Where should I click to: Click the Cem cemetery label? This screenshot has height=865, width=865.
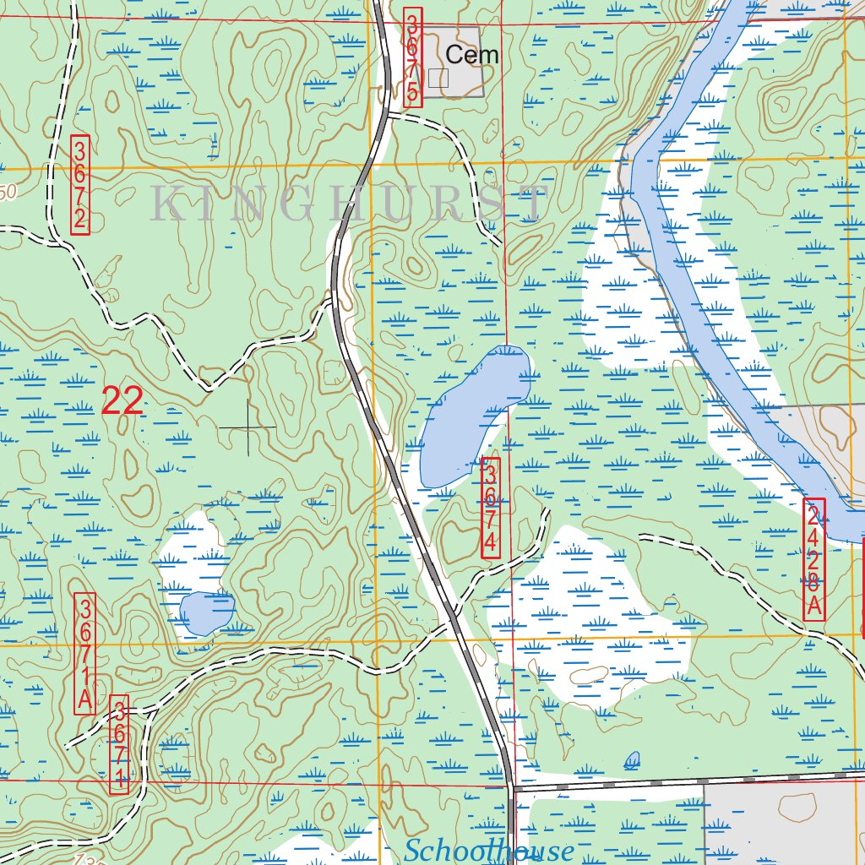472,56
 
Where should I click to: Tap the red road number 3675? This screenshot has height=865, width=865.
412,57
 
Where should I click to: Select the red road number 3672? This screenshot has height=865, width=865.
80,185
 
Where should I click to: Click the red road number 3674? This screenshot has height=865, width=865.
491,507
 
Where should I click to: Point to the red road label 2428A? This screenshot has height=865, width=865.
813,559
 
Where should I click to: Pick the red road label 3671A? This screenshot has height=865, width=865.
84,654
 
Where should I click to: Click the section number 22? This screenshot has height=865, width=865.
122,400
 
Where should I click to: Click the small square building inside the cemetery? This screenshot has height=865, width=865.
438,78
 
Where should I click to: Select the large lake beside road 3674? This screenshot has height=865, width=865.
473,410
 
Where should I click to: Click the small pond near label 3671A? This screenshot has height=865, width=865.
203,612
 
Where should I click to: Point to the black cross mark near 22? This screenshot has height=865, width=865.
248,428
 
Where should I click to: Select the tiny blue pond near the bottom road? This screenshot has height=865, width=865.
632,759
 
